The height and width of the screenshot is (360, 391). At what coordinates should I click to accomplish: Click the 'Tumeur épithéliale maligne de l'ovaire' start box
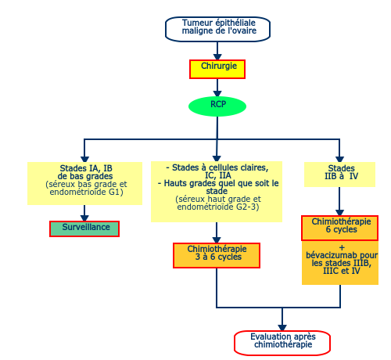tap(217, 29)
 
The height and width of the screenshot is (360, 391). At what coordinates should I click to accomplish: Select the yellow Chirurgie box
tap(217, 69)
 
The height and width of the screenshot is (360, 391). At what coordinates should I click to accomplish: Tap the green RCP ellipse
tap(217, 106)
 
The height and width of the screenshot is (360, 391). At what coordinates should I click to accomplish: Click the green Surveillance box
tap(84, 229)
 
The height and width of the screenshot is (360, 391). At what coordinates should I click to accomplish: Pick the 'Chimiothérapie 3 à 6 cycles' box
tap(217, 255)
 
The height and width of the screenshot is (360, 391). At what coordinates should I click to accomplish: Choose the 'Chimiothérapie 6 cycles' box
tap(339, 228)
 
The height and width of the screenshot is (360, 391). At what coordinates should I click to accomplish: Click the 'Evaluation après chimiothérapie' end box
tap(282, 343)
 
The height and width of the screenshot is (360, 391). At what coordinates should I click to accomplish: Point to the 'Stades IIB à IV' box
tap(339, 175)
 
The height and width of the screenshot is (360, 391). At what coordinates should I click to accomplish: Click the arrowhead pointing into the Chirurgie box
tap(217, 57)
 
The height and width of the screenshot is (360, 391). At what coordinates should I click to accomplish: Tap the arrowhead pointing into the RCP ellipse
tap(217, 94)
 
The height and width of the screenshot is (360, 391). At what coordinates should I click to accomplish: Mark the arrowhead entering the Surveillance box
tap(84, 218)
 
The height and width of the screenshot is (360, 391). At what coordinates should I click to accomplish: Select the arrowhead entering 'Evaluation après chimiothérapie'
tap(282, 328)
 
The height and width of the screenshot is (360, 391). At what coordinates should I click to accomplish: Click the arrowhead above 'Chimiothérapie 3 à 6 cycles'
tap(217, 240)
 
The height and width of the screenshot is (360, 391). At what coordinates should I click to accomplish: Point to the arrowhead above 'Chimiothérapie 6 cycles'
tap(339, 213)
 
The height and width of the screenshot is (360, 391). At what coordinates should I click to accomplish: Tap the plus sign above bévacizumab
tap(342, 247)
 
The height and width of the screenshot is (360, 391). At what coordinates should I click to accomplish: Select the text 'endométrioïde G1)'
tap(86, 192)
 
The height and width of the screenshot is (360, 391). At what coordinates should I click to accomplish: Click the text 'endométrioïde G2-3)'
tap(218, 207)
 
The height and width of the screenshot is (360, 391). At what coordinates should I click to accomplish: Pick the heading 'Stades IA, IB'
tap(86, 168)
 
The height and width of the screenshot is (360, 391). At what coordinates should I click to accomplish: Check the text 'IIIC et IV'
tap(342, 271)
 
